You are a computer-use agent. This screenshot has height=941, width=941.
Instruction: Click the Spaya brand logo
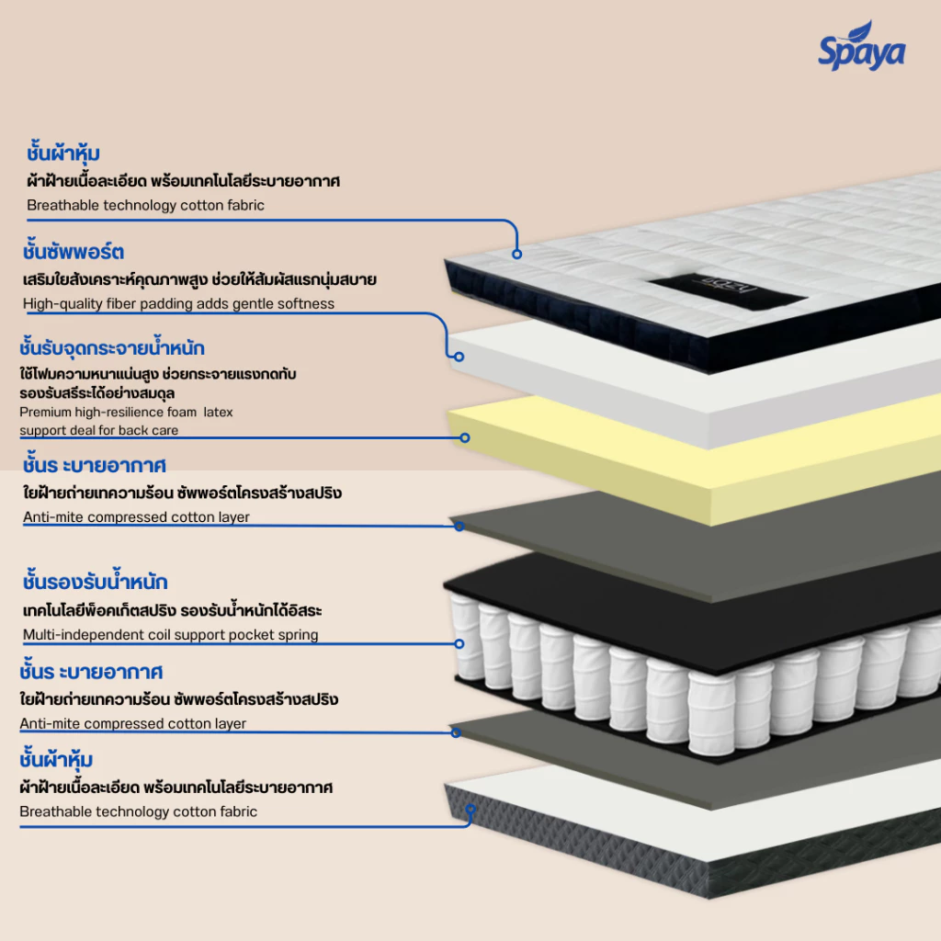862,46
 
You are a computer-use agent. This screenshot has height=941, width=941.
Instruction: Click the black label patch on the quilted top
728,291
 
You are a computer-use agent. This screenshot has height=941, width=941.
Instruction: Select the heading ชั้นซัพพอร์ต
74,251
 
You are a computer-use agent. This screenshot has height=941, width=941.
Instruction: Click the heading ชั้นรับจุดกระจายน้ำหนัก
111,346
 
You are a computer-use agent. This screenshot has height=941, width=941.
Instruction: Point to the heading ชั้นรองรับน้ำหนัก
95,581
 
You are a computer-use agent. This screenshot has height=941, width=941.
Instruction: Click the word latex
218,413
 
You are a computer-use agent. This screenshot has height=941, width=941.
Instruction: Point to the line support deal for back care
98,430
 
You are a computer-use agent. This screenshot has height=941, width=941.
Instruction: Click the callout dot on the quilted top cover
516,254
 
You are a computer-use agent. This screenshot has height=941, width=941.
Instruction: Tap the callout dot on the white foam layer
459,357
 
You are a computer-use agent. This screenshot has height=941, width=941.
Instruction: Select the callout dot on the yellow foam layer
464,438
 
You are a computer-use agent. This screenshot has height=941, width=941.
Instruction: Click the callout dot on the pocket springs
459,644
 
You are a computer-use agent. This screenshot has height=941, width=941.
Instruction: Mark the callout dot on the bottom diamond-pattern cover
470,810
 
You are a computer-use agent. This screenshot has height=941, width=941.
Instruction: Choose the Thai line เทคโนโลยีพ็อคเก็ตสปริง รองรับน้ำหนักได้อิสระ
172,610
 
